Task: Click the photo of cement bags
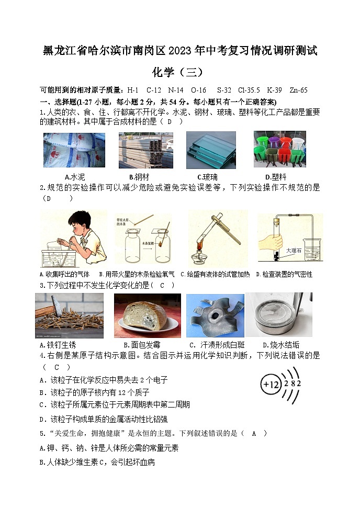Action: coord(74,150)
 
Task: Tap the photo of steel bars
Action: coord(145,150)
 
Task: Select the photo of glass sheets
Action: coord(211,150)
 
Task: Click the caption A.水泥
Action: coord(74,177)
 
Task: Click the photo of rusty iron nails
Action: coord(69,315)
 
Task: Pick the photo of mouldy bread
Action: coord(147,315)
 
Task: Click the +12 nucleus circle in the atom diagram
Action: coord(271,384)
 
